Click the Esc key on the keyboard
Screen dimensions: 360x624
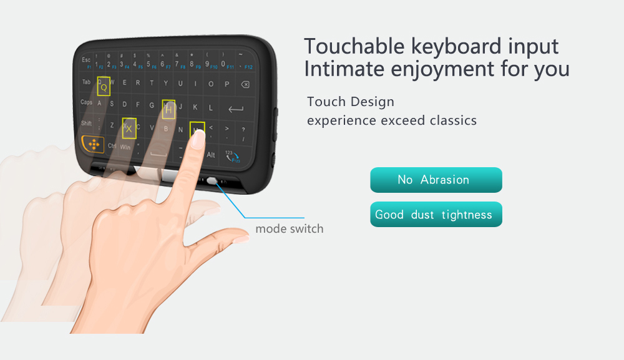tap(86, 60)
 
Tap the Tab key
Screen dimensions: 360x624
tap(86, 82)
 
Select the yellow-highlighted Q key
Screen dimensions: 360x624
tap(104, 87)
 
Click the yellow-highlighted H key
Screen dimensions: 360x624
tap(168, 109)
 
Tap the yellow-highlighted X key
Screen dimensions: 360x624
tap(129, 127)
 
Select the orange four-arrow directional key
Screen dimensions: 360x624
tap(94, 144)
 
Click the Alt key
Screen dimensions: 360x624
tap(211, 155)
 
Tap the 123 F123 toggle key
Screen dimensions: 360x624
tap(233, 156)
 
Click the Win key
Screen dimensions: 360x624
tap(125, 147)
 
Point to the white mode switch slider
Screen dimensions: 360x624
tap(213, 181)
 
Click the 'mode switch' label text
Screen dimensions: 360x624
tap(289, 229)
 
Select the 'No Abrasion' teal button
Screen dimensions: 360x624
tap(436, 180)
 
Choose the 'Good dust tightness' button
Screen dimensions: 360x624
tap(436, 215)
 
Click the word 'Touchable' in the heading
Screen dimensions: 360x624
tap(354, 46)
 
